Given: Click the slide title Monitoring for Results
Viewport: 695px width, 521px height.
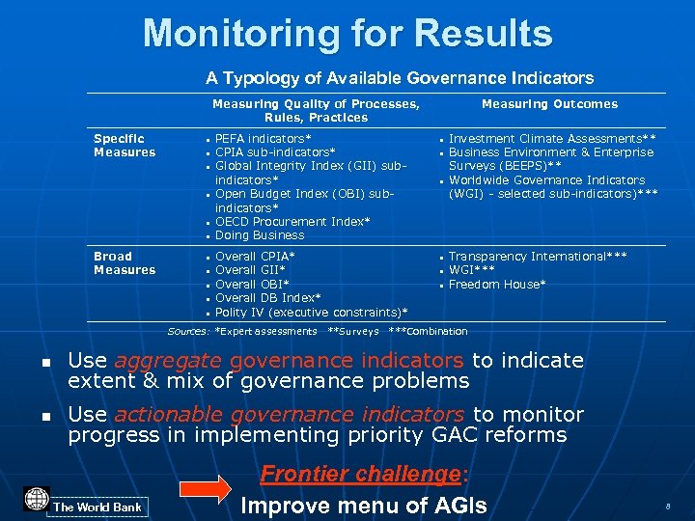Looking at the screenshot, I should point(347,33).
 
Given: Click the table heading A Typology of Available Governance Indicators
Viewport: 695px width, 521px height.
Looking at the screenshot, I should point(400,77).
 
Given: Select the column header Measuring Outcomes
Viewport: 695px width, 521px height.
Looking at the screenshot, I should point(549,104).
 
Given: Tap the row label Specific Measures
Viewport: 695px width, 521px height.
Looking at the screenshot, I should point(125,146).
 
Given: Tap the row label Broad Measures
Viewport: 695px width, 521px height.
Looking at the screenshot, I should point(125,263).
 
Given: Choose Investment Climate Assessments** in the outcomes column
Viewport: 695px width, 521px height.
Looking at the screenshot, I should point(552,139).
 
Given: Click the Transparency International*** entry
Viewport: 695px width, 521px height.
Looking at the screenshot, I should point(538,257).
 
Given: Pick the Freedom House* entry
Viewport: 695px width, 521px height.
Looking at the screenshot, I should point(497,285).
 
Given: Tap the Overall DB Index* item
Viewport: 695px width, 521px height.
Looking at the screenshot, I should point(267,298).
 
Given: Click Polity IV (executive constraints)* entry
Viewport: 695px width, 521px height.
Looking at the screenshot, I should point(311,313).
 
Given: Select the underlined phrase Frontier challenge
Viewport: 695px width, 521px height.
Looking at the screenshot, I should point(361,475).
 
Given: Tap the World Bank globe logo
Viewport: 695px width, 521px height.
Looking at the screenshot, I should point(37,499).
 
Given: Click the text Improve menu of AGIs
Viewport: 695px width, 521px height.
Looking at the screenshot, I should point(364,506).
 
